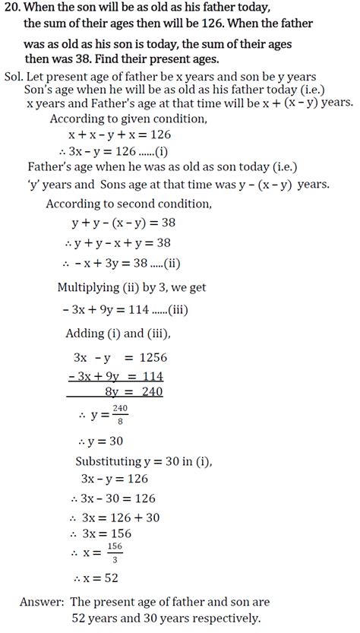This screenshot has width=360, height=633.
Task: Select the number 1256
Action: click(153, 357)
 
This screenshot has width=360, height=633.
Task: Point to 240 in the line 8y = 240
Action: click(150, 393)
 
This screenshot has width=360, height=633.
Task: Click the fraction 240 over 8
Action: click(119, 415)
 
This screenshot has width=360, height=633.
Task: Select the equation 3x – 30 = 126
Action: click(117, 498)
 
